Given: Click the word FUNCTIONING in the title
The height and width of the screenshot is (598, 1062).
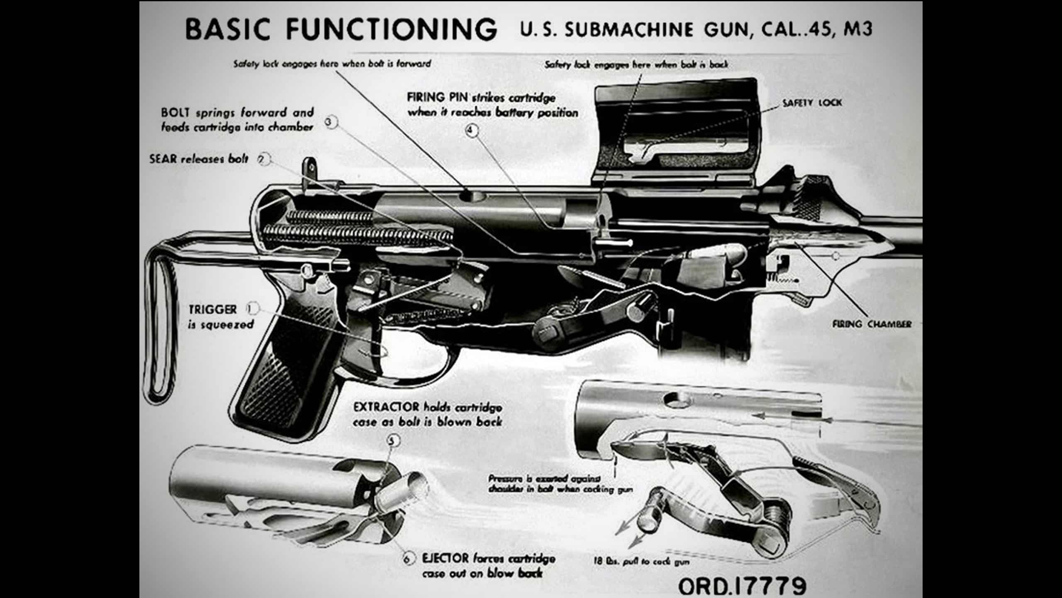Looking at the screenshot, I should click(x=392, y=29).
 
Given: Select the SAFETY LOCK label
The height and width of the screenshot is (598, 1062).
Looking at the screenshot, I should click(x=812, y=103).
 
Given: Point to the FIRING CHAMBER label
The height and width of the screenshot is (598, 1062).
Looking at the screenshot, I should click(x=872, y=324).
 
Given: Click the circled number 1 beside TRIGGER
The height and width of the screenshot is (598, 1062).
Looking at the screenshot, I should click(x=252, y=309).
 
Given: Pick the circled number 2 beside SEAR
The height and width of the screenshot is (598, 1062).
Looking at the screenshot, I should click(x=263, y=159).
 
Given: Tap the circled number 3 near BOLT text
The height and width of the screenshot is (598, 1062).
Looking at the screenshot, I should click(x=330, y=122).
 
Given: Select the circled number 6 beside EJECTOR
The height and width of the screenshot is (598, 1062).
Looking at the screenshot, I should click(x=408, y=559).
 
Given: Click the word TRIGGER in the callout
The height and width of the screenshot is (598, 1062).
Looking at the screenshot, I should click(x=213, y=309).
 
